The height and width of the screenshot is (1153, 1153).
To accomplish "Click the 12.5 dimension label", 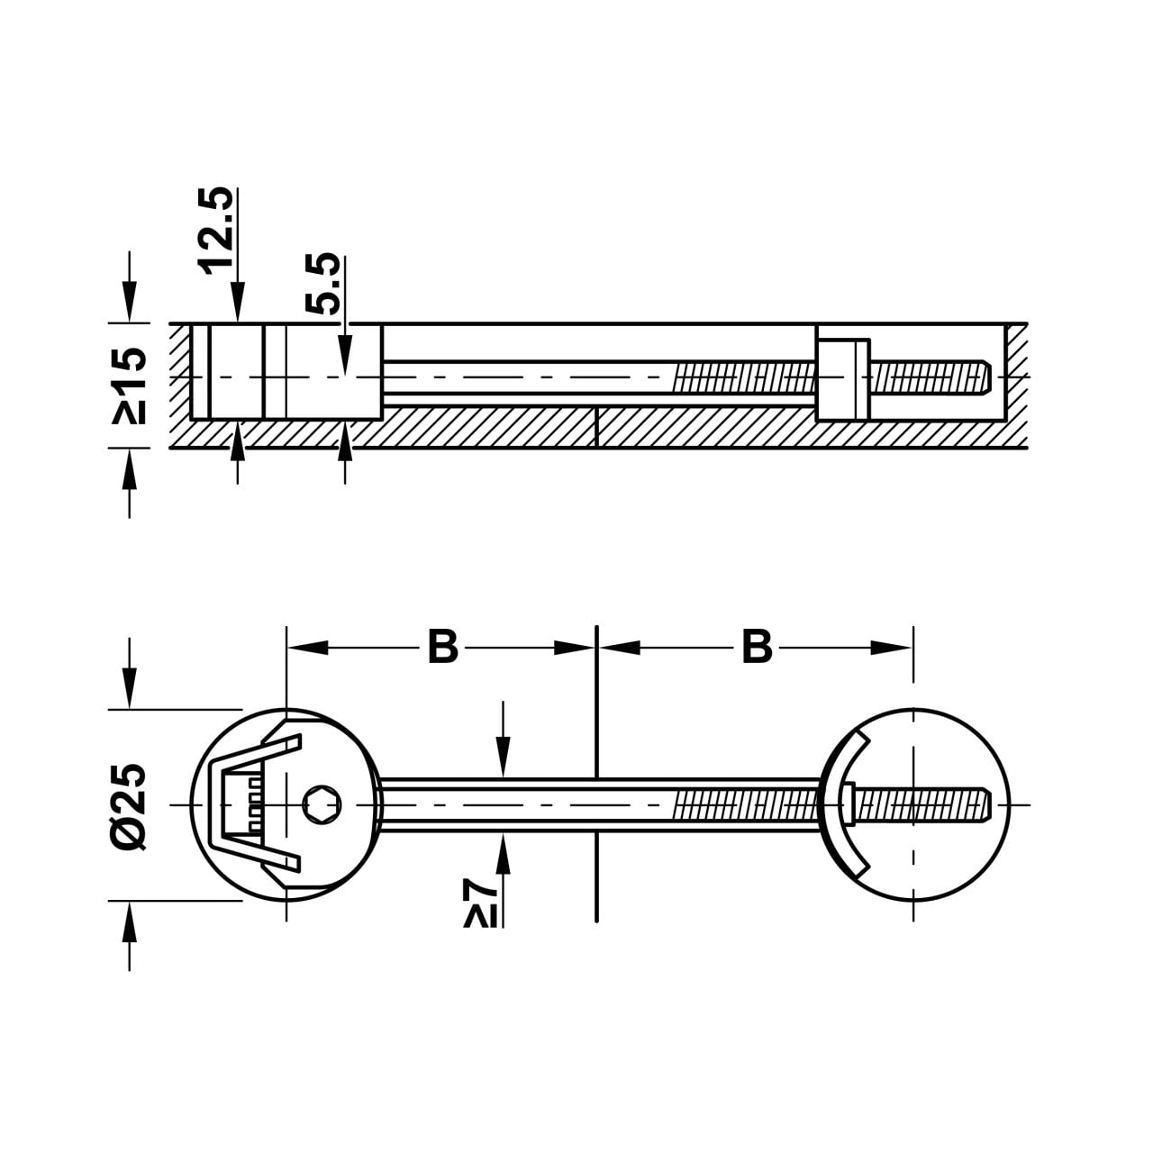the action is point(215,231).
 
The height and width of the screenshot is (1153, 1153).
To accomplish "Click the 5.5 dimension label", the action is point(322,284).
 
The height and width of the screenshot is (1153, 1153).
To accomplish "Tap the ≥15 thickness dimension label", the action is point(129,386).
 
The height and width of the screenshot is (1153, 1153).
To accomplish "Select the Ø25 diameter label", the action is point(129,806).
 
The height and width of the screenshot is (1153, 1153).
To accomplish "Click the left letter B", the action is point(443,647).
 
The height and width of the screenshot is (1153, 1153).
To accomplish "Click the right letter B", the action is point(757,647).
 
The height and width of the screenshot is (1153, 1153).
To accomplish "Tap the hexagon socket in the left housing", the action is point(322,804).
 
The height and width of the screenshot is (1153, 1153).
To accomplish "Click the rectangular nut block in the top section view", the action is point(842,379).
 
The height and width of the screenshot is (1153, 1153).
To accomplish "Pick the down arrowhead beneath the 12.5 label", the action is point(238,303).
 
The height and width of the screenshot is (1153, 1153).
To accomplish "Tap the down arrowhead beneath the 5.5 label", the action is point(345,357).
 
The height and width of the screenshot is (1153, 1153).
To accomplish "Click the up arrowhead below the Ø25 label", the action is point(129,921).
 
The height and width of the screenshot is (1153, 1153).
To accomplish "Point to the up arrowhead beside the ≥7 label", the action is point(504,853).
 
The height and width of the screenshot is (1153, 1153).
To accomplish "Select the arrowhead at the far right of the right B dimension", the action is point(892,648).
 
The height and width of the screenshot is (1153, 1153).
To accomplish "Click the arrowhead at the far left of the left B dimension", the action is point(307,648).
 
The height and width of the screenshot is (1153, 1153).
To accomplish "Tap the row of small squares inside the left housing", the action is point(256,804).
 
